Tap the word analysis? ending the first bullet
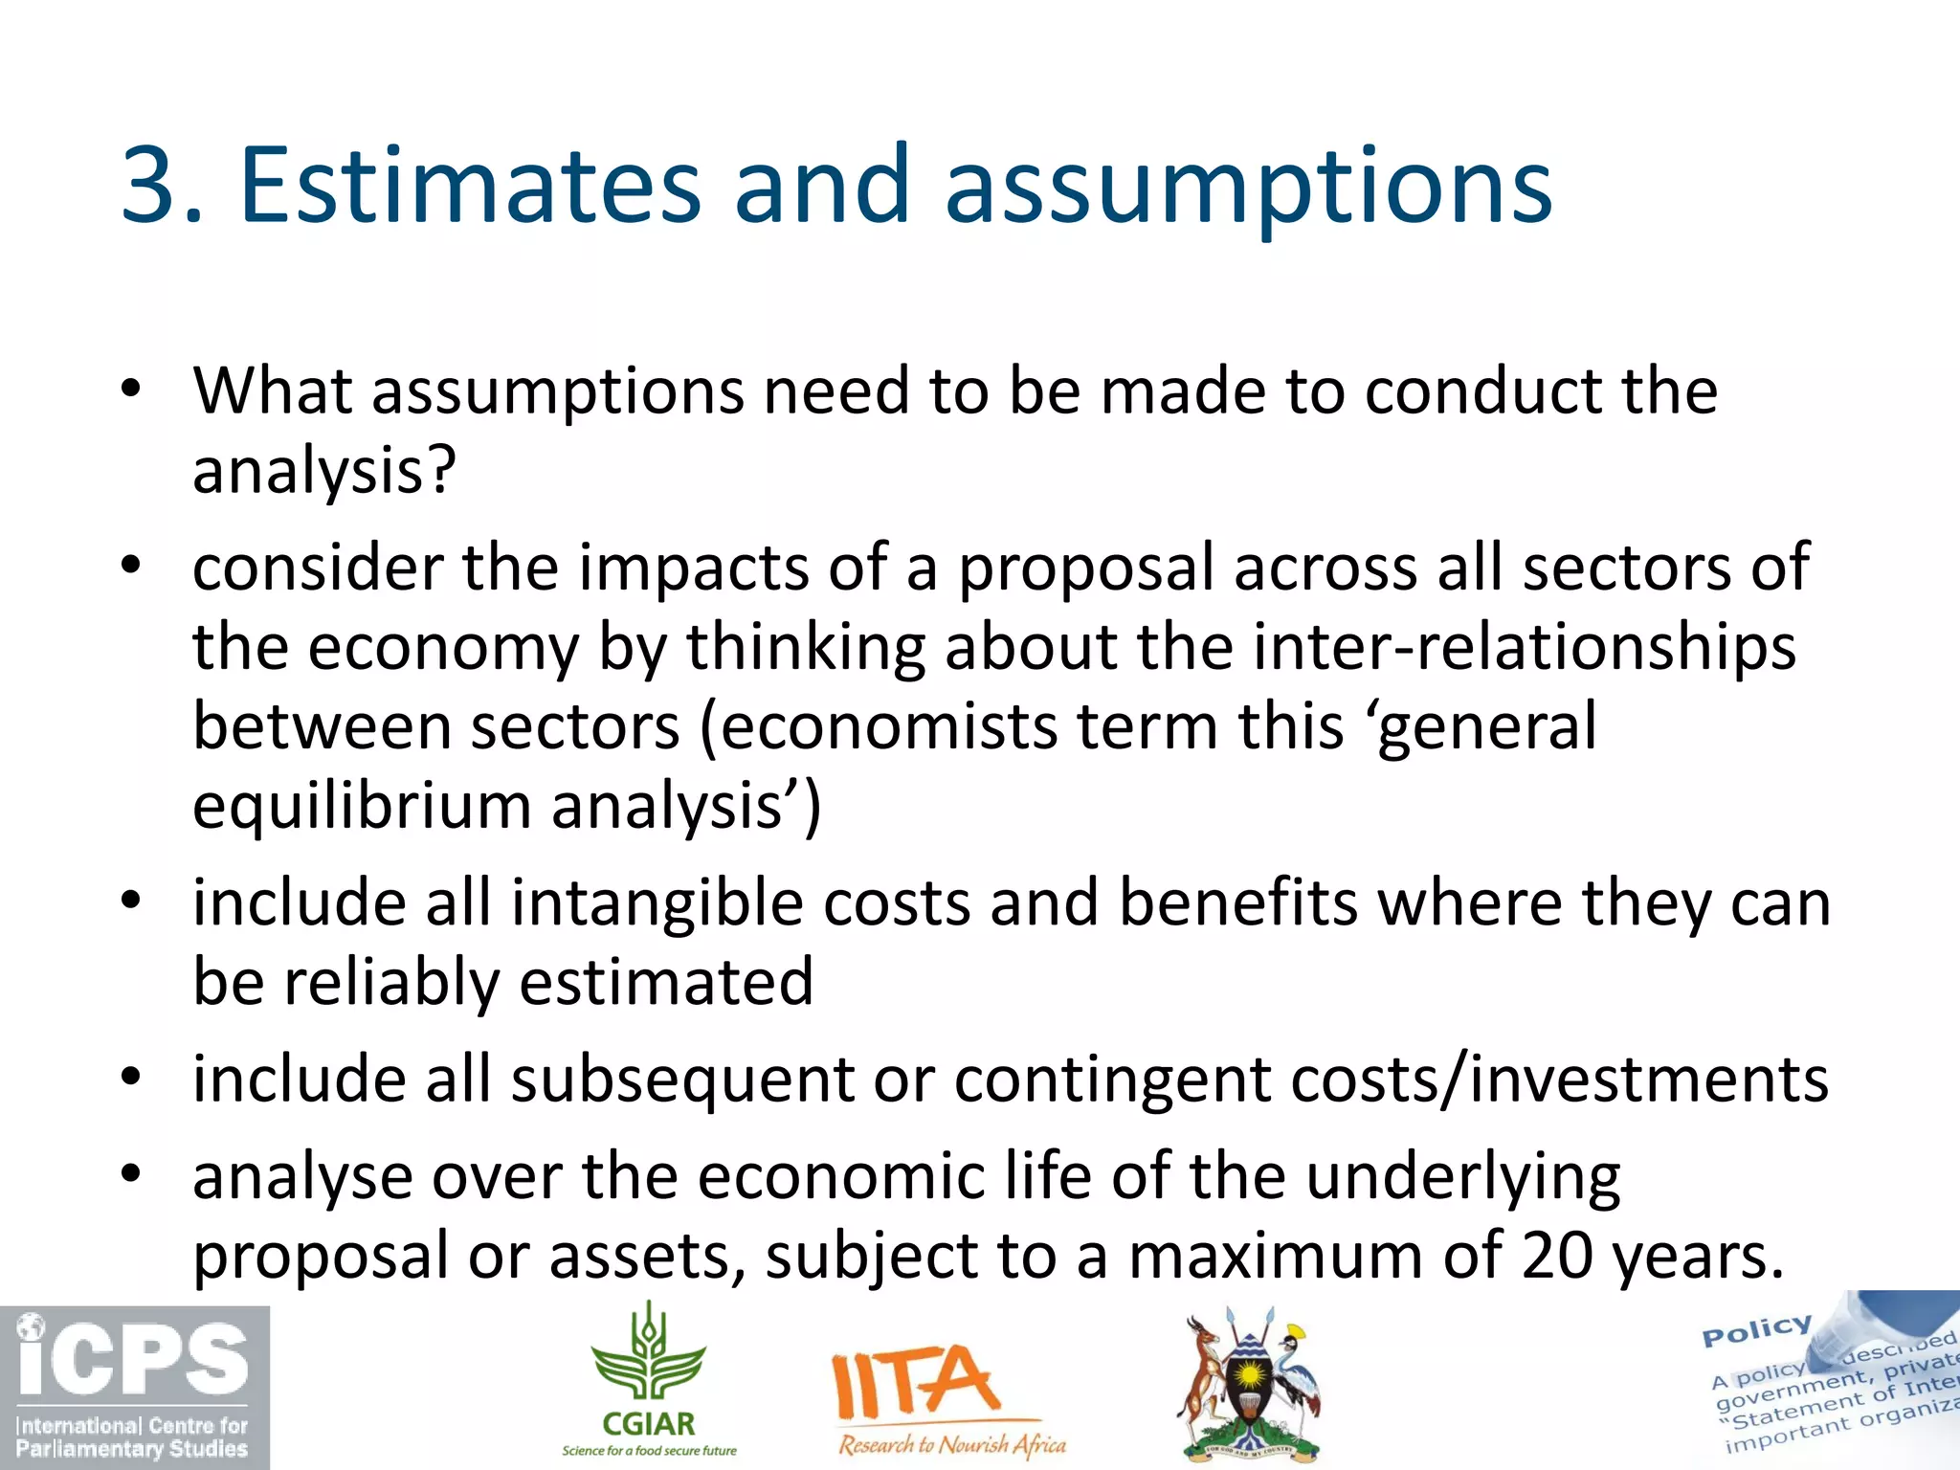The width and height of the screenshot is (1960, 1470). click(324, 471)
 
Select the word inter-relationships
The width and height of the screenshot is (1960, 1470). click(1524, 647)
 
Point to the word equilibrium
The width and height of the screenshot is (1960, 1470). click(362, 806)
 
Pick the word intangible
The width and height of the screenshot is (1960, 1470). click(656, 902)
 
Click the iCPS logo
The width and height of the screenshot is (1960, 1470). click(134, 1387)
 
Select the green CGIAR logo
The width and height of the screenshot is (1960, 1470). click(649, 1378)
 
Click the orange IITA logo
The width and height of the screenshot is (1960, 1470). click(914, 1383)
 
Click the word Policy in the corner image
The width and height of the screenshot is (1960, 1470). click(1757, 1330)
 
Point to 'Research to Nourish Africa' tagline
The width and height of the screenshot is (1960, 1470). click(952, 1444)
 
